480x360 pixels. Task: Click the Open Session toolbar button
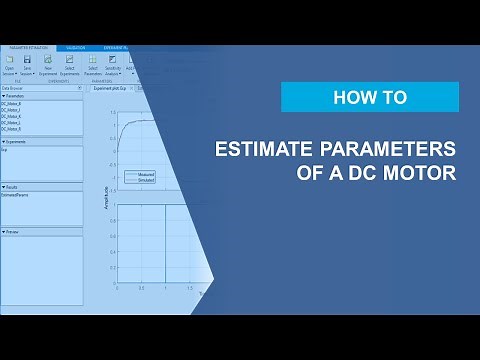[9, 65]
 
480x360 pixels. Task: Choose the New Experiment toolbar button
[48, 65]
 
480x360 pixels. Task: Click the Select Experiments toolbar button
[70, 65]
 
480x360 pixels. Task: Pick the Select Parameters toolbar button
[93, 65]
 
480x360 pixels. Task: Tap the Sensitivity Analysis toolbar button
[114, 65]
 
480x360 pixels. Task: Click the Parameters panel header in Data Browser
[16, 96]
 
